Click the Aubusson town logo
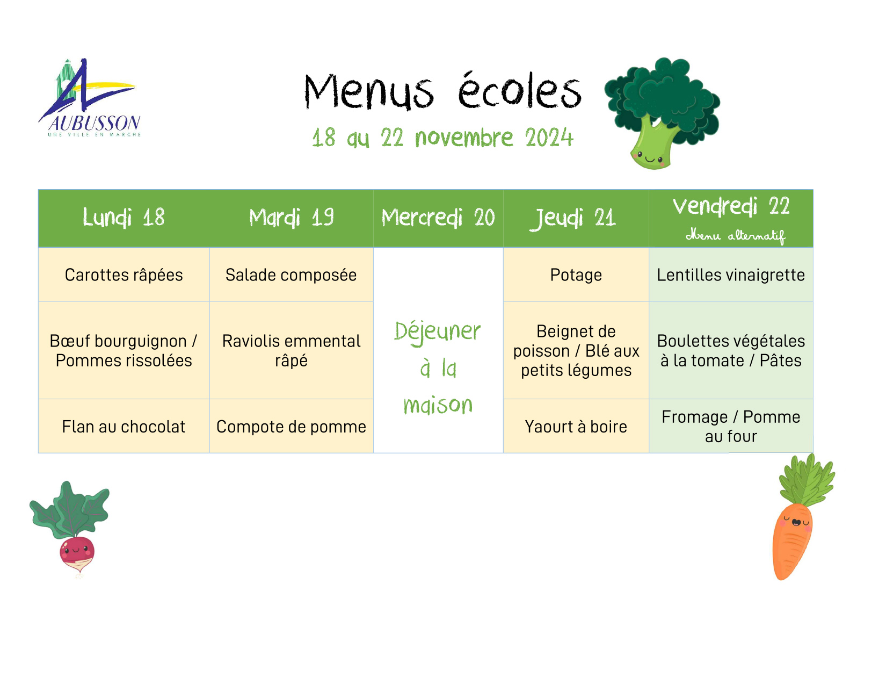tap(90, 98)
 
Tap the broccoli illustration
tap(662, 113)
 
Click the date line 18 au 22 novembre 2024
tap(442, 138)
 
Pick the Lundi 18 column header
tap(124, 217)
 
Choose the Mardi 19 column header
tap(291, 217)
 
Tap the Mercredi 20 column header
tap(438, 217)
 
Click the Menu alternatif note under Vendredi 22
tap(736, 236)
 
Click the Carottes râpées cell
tap(124, 275)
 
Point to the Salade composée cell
tap(291, 275)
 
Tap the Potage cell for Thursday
tap(576, 275)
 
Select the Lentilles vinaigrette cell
tap(731, 275)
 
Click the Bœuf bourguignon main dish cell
tap(124, 350)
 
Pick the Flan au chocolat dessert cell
tap(124, 427)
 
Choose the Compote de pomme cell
tap(291, 427)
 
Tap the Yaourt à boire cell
tap(576, 427)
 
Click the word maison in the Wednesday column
tap(438, 405)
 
